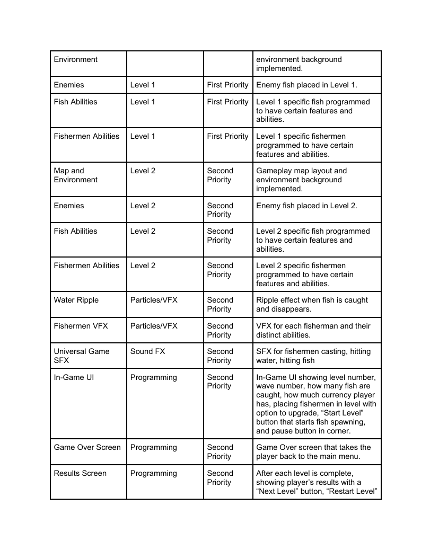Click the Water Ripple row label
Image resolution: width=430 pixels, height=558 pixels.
click(76, 300)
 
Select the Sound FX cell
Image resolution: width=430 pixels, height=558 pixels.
click(148, 351)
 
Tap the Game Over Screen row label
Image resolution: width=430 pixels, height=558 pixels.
click(87, 447)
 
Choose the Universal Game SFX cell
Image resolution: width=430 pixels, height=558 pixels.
click(82, 356)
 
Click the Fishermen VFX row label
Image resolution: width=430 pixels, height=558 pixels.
click(81, 326)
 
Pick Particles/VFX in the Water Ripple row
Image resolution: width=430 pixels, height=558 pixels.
click(154, 300)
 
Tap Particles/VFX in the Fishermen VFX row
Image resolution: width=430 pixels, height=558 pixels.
click(154, 326)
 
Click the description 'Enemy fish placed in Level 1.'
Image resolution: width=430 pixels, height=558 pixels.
click(306, 85)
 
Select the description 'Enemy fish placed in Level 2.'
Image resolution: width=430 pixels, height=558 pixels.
click(306, 206)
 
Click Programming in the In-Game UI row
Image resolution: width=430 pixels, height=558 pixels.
click(153, 377)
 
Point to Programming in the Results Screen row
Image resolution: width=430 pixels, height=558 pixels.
click(153, 473)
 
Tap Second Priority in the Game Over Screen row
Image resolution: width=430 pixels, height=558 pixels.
click(220, 451)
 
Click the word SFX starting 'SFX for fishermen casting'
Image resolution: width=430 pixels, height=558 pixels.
click(264, 351)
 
